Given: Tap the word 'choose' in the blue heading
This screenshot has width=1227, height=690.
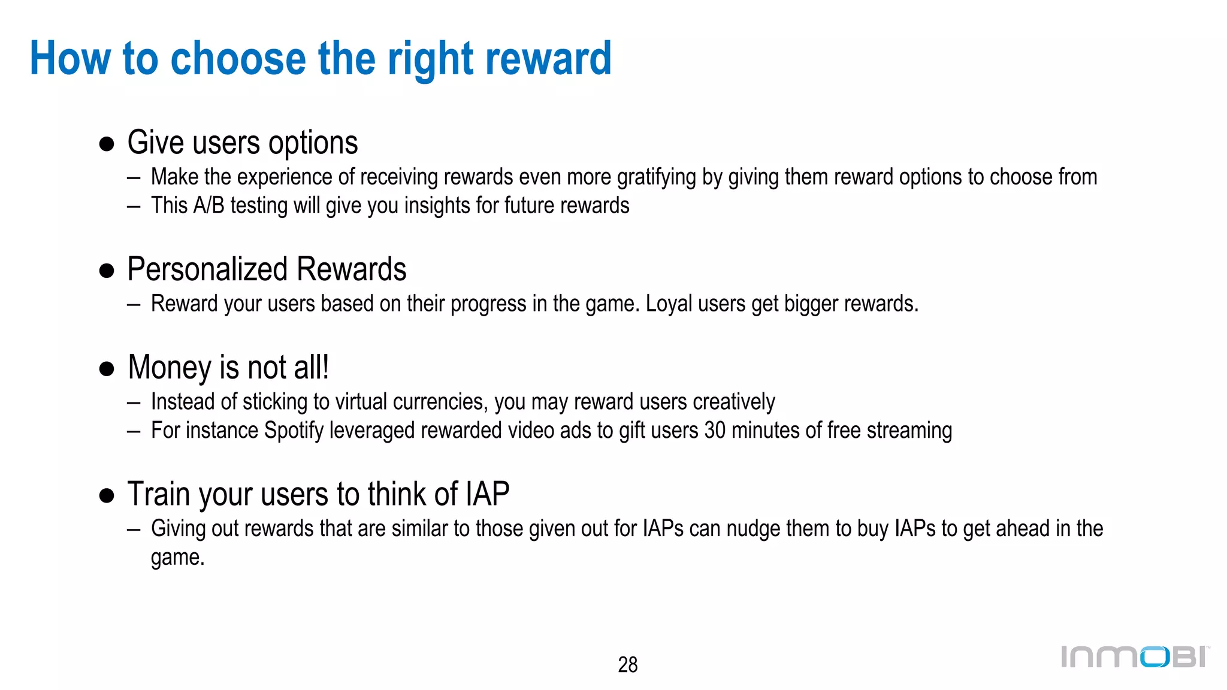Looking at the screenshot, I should (238, 59).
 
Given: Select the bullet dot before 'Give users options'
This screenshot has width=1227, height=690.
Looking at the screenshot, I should (107, 144).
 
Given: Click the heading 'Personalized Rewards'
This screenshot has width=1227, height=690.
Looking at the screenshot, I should (267, 269).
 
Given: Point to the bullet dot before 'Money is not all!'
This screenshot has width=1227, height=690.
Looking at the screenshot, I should (107, 368).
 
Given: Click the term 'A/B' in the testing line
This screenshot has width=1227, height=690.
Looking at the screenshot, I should (208, 205).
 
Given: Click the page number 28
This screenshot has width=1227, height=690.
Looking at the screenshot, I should (627, 664).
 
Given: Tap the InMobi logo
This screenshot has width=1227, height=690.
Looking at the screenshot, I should (1135, 656).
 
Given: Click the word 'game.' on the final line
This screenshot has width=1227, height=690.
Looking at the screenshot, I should (177, 558).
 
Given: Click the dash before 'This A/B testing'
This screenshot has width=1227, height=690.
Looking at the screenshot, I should (134, 206).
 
